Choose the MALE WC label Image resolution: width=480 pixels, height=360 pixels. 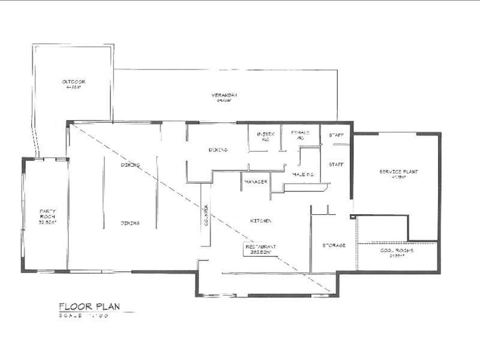(x=304, y=174)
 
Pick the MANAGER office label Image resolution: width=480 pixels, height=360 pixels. (x=255, y=181)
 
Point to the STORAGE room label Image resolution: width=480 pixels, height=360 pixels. (x=334, y=245)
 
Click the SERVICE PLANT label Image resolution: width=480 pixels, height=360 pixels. (x=398, y=172)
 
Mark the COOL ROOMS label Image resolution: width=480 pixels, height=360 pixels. (x=397, y=251)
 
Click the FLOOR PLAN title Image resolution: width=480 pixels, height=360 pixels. (x=89, y=307)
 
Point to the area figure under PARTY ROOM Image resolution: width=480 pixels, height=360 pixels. (x=47, y=221)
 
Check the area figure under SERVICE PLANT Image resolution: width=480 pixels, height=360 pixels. (x=398, y=178)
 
